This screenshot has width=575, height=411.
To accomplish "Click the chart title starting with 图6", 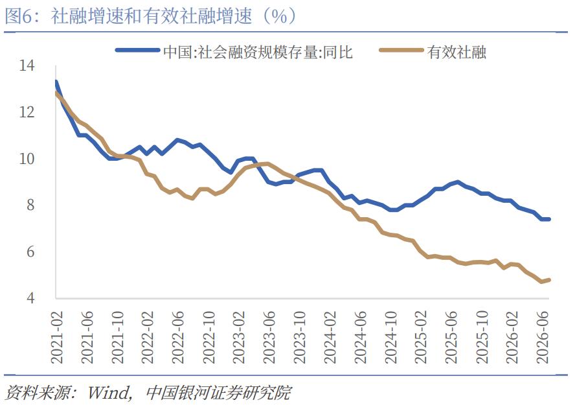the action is coord(150,16).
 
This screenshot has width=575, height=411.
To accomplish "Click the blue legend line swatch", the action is coord(137,51).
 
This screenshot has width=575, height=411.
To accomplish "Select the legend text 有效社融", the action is coord(457,52).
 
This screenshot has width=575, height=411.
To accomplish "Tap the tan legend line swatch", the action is coord(401,51).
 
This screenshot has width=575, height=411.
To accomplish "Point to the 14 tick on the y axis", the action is coord(27,65).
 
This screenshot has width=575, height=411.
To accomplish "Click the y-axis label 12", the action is coord(27,112).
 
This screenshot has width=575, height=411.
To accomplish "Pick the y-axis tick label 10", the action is coord(27,159).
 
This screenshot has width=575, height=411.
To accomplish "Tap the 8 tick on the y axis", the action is coord(30,205).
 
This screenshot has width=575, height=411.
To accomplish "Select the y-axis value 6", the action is coord(30,252).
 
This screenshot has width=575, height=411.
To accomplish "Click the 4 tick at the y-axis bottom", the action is coord(30,298).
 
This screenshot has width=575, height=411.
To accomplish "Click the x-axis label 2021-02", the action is coord(57,338).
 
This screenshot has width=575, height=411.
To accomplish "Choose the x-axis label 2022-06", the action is coord(178,338).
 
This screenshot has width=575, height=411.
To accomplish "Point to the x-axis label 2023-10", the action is coord(300,338).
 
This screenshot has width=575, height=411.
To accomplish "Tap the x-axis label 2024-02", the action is coord(330,338).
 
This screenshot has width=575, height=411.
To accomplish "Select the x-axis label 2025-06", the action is coord(451,338).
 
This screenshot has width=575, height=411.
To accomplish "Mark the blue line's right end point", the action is coord(549,219).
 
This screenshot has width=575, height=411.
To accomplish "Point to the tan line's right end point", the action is coord(549,280).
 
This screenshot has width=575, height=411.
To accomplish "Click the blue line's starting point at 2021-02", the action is coord(56,82).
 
